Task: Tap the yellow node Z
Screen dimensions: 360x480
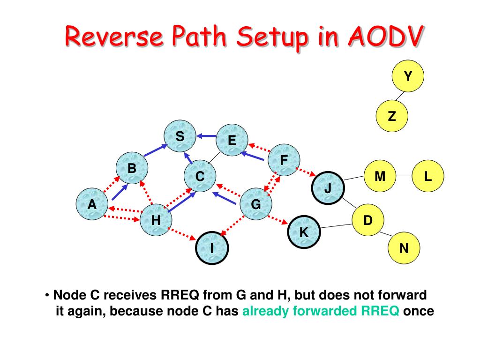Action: pos(392,116)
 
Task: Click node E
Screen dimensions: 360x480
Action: pos(232,141)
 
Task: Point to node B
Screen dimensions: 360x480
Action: pos(132,168)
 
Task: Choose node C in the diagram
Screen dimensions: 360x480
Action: pos(200,177)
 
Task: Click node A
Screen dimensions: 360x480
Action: pos(92,204)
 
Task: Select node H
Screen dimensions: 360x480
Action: pos(156,219)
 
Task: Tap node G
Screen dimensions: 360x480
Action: pos(256,204)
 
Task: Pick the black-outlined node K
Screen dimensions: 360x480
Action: pos(304,232)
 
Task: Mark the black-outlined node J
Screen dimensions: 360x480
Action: pos(328,188)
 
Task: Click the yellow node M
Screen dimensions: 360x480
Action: pos(380,176)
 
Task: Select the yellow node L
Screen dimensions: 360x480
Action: pos(427,176)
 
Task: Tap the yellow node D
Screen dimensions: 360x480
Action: pos(368,219)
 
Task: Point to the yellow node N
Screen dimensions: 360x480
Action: pos(404,248)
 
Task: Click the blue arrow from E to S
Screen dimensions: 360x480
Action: pos(206,136)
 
